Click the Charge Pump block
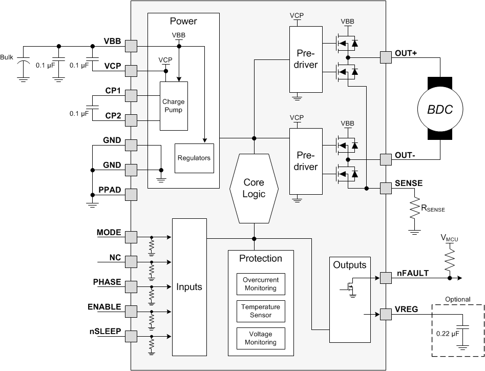coord(174,106)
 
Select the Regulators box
coord(194,158)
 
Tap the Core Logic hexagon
coord(254,188)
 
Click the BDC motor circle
coord(440,109)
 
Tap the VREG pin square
coord(385,313)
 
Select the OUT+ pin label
coord(406,53)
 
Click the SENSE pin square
coord(385,188)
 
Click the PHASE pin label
coord(107,282)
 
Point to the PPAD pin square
coord(131,194)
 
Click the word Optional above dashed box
coord(457,300)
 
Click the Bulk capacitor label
coord(7,57)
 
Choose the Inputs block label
coord(189,287)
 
